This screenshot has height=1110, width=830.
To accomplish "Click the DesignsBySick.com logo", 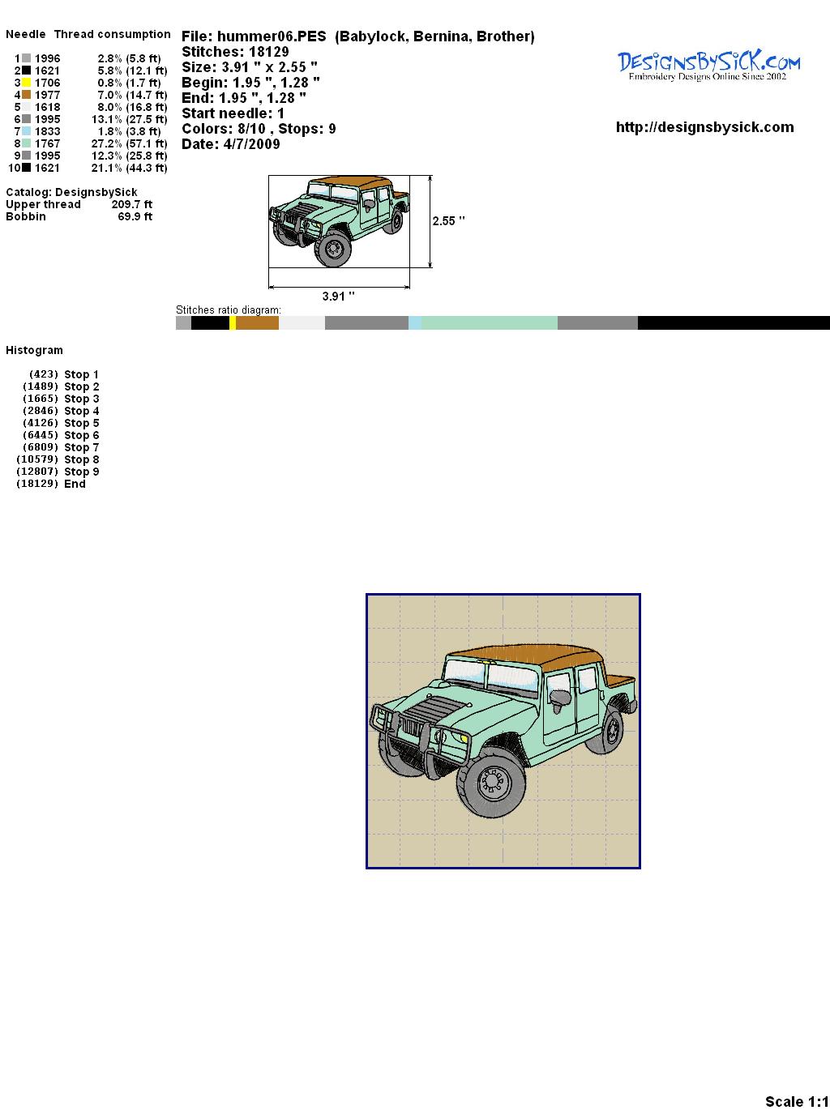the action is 708,66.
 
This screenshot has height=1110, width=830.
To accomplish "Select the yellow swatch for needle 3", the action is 26,83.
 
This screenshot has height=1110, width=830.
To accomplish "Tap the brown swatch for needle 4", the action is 26,95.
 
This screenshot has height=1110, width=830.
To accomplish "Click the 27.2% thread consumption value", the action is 106,143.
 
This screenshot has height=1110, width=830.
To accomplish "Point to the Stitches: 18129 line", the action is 235,52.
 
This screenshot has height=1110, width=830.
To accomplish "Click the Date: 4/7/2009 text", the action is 231,144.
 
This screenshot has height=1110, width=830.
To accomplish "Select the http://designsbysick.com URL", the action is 704,127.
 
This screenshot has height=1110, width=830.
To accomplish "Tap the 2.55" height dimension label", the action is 448,221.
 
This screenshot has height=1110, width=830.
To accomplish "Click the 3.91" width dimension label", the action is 338,296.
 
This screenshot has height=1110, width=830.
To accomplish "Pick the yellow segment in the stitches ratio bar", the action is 233,322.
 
